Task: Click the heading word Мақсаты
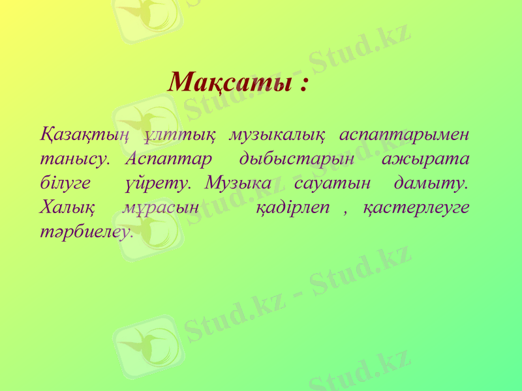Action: [228, 83]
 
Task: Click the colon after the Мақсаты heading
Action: [303, 85]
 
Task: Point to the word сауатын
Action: [333, 183]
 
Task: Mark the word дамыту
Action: [431, 183]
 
